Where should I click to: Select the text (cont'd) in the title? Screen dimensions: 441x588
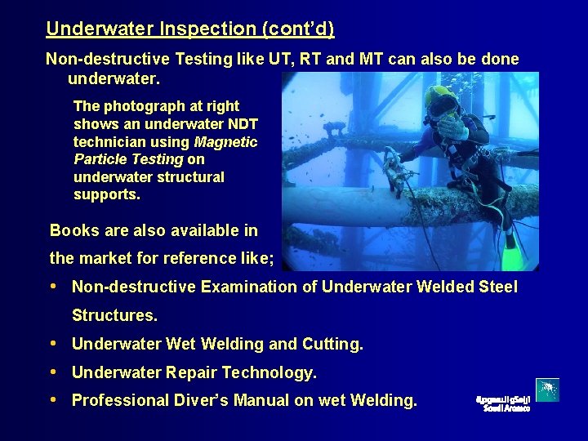297,29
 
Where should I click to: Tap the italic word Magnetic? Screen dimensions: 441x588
225,141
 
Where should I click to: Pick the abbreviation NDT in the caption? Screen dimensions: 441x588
241,124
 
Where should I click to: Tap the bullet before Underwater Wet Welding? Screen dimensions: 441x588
54,345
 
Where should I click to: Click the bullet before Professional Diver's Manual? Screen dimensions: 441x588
54,400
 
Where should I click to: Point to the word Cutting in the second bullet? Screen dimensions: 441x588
332,345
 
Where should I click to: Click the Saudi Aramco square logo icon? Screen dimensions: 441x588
547,390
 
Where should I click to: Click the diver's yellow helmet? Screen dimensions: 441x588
441,97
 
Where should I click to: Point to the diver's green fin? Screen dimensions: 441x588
510,254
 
